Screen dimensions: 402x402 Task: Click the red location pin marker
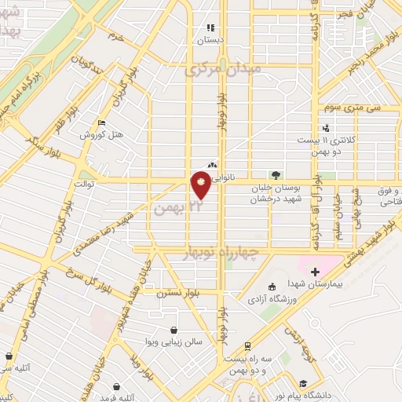point(202,186)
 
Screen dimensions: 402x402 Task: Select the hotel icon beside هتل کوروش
point(100,123)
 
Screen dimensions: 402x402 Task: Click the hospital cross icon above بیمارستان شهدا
point(315,272)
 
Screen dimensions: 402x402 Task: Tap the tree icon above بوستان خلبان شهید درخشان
point(275,174)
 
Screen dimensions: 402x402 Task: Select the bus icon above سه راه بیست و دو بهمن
point(247,345)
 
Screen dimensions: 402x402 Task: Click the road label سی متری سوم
point(362,107)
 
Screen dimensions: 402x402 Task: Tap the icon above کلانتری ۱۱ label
point(326,129)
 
